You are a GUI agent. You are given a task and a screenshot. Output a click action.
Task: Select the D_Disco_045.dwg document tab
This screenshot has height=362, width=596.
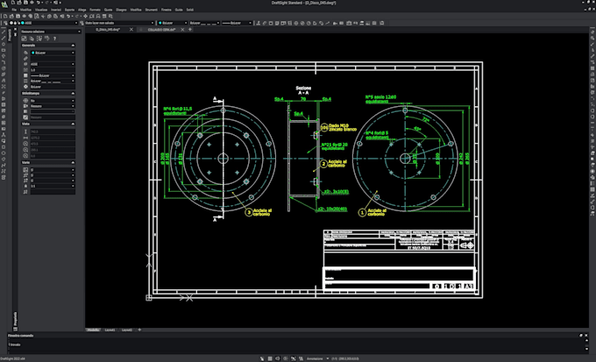point(108,29)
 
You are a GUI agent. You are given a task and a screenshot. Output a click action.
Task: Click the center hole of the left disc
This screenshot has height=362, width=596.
point(223,158)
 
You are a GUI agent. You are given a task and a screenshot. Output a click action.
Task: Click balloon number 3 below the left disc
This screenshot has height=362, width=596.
point(247,211)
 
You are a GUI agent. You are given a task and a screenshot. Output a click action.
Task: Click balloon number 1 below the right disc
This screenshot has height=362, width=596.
point(361,211)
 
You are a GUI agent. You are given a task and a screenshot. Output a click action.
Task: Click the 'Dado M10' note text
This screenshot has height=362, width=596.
point(331,129)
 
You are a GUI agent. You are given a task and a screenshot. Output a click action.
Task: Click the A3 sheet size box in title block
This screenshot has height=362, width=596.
point(467,286)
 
